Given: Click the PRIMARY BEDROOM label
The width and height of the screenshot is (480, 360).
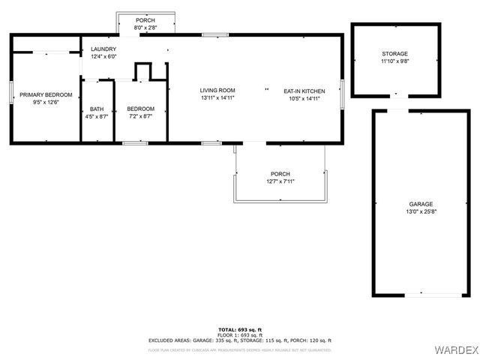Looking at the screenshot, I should pyautogui.click(x=46, y=94).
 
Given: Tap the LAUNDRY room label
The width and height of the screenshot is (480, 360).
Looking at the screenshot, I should pyautogui.click(x=103, y=49).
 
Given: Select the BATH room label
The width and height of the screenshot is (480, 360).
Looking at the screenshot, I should pyautogui.click(x=97, y=109).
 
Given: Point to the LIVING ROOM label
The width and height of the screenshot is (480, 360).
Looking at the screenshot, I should pyautogui.click(x=217, y=91).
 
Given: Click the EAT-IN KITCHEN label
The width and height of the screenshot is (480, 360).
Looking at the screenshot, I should pyautogui.click(x=304, y=91).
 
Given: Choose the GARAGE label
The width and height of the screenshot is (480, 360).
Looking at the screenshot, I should pyautogui.click(x=421, y=204).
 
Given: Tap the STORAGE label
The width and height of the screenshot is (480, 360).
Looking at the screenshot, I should pyautogui.click(x=394, y=54).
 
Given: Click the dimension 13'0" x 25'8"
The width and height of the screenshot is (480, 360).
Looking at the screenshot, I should pyautogui.click(x=421, y=211).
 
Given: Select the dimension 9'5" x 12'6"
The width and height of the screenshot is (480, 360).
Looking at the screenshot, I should pyautogui.click(x=46, y=102).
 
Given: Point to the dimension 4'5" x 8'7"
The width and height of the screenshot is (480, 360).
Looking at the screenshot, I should pyautogui.click(x=97, y=117).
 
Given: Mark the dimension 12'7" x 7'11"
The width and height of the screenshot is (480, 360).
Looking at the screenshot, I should pyautogui.click(x=280, y=181).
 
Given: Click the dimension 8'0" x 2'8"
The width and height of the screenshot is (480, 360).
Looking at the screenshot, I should pyautogui.click(x=145, y=27).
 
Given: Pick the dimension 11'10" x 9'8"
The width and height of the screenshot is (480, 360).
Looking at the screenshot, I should pyautogui.click(x=394, y=61).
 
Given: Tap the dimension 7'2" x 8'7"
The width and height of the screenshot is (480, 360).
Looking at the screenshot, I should pyautogui.click(x=140, y=117).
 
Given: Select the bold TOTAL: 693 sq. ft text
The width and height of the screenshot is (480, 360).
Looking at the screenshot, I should pyautogui.click(x=240, y=329).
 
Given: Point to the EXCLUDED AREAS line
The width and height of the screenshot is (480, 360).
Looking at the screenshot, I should pyautogui.click(x=240, y=340).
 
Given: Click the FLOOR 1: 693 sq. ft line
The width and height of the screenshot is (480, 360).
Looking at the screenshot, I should pyautogui.click(x=240, y=334).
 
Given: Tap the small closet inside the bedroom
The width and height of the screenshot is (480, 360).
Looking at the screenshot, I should pyautogui.click(x=142, y=71).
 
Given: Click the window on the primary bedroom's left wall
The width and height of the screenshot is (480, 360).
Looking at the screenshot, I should pyautogui.click(x=10, y=91).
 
